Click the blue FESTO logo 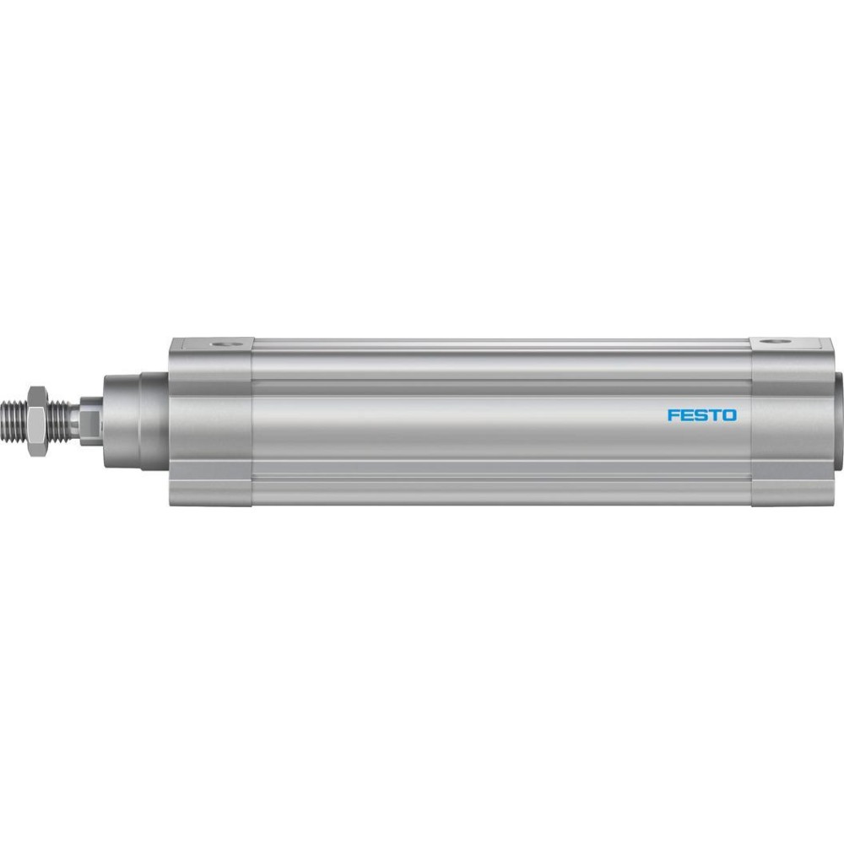702,415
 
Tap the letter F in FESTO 674,415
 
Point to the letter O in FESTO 729,415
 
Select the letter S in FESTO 701,415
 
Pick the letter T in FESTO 714,415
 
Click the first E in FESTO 687,415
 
